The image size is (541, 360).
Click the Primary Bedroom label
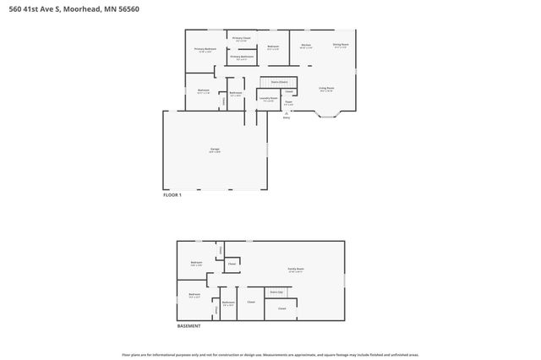pyautogui.click(x=205, y=50)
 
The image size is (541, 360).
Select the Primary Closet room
pyautogui.click(x=241, y=39)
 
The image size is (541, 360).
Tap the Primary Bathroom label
pyautogui.click(x=241, y=57)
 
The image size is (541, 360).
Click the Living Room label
pyautogui.click(x=326, y=89)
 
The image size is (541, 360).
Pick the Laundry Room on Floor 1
pyautogui.click(x=269, y=99)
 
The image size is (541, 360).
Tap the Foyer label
pyautogui.click(x=288, y=105)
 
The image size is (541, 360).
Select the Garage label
pyautogui.click(x=215, y=150)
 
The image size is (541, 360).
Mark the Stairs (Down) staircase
pyautogui.click(x=268, y=82)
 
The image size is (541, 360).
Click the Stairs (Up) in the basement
pyautogui.click(x=276, y=292)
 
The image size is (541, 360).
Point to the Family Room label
pyautogui.click(x=295, y=270)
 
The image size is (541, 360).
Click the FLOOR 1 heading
pyautogui.click(x=172, y=195)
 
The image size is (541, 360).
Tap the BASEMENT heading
pyautogui.click(x=189, y=326)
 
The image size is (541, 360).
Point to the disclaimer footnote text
pyautogui.click(x=270, y=355)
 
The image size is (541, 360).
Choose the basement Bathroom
pyautogui.click(x=227, y=303)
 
